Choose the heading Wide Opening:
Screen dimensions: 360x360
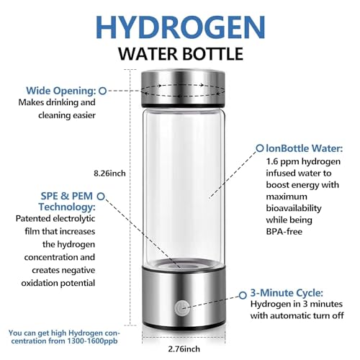coord(61,91)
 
